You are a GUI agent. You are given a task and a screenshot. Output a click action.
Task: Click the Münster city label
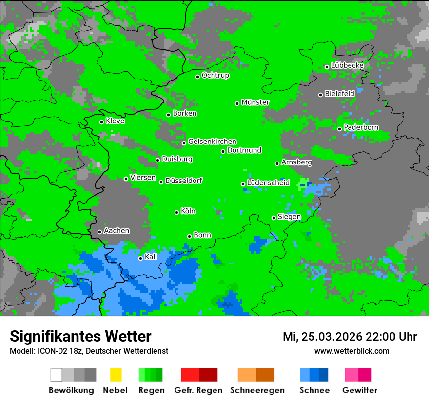tap(255, 102)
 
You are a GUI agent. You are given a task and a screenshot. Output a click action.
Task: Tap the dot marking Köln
tap(177, 212)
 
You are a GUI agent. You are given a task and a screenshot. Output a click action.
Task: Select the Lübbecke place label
tap(347, 65)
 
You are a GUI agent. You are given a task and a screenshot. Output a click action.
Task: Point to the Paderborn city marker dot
tap(340, 129)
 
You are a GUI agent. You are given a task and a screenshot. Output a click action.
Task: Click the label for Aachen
tap(117, 230)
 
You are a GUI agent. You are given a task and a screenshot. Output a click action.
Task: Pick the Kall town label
tap(151, 257)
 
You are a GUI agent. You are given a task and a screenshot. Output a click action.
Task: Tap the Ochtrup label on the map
tap(215, 75)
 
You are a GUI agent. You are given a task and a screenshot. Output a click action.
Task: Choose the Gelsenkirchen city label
tap(212, 142)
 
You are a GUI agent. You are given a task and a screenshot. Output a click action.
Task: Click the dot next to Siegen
tap(274, 218)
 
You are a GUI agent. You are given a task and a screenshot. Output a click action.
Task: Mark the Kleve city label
tap(115, 121)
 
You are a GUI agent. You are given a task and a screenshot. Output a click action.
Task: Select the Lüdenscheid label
tap(268, 183)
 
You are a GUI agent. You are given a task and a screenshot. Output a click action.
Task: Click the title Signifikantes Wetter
tap(80, 336)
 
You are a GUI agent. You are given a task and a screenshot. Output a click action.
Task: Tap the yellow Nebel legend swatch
tap(116, 375)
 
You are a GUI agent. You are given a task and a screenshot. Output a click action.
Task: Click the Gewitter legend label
tap(360, 390)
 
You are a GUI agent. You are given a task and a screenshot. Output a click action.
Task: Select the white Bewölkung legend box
tap(57, 375)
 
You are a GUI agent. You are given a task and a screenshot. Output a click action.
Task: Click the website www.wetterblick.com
tap(351, 351)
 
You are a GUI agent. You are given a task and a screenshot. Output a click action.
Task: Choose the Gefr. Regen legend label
tap(198, 390)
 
